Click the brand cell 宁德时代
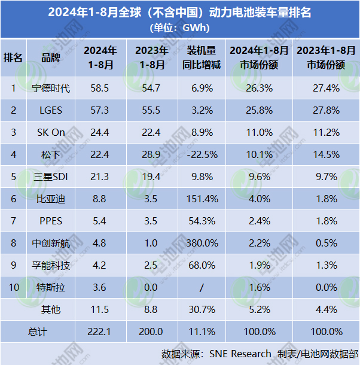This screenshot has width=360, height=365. tap(50, 89)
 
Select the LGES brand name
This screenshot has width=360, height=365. tap(50, 111)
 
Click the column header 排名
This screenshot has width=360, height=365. tap(13, 57)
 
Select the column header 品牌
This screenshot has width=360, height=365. tap(50, 57)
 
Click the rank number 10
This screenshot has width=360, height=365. tap(13, 287)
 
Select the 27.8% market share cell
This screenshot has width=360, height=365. tap(326, 111)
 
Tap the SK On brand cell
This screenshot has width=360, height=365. tap(50, 133)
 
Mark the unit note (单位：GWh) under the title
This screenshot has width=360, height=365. tap(179, 28)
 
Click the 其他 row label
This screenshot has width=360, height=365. tap(50, 309)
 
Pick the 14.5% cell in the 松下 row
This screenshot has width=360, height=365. tap(326, 155)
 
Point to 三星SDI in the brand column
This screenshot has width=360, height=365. tap(50, 177)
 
